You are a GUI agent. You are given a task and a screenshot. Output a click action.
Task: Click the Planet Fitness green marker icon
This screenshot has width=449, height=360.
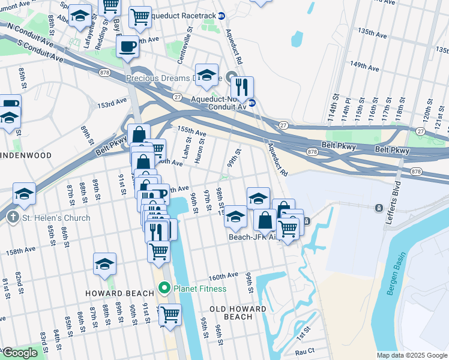(x=165, y=289)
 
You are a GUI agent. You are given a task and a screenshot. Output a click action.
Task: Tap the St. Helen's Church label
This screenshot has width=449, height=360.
(x=57, y=218)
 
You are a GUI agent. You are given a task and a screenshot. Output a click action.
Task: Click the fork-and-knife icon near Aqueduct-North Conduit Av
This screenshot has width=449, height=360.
(x=242, y=87)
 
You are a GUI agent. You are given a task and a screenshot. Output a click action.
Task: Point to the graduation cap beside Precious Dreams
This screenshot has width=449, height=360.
(x=206, y=75)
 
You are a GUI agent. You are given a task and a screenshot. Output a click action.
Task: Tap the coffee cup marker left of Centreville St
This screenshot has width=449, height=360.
(x=128, y=46)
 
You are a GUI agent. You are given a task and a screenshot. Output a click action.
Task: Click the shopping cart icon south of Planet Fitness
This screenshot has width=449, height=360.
(x=170, y=313)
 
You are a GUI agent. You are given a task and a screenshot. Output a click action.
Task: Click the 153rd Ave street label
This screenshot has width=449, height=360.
(x=113, y=104)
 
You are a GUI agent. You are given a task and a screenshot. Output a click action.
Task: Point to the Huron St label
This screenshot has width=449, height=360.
(x=202, y=151)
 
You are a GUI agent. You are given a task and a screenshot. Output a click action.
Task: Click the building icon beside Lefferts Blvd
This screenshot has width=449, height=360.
(x=379, y=208)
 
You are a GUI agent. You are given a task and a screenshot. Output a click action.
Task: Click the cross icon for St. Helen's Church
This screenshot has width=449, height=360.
(x=14, y=218)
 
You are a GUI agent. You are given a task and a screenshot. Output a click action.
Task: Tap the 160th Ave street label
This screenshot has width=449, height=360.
(x=223, y=277)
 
